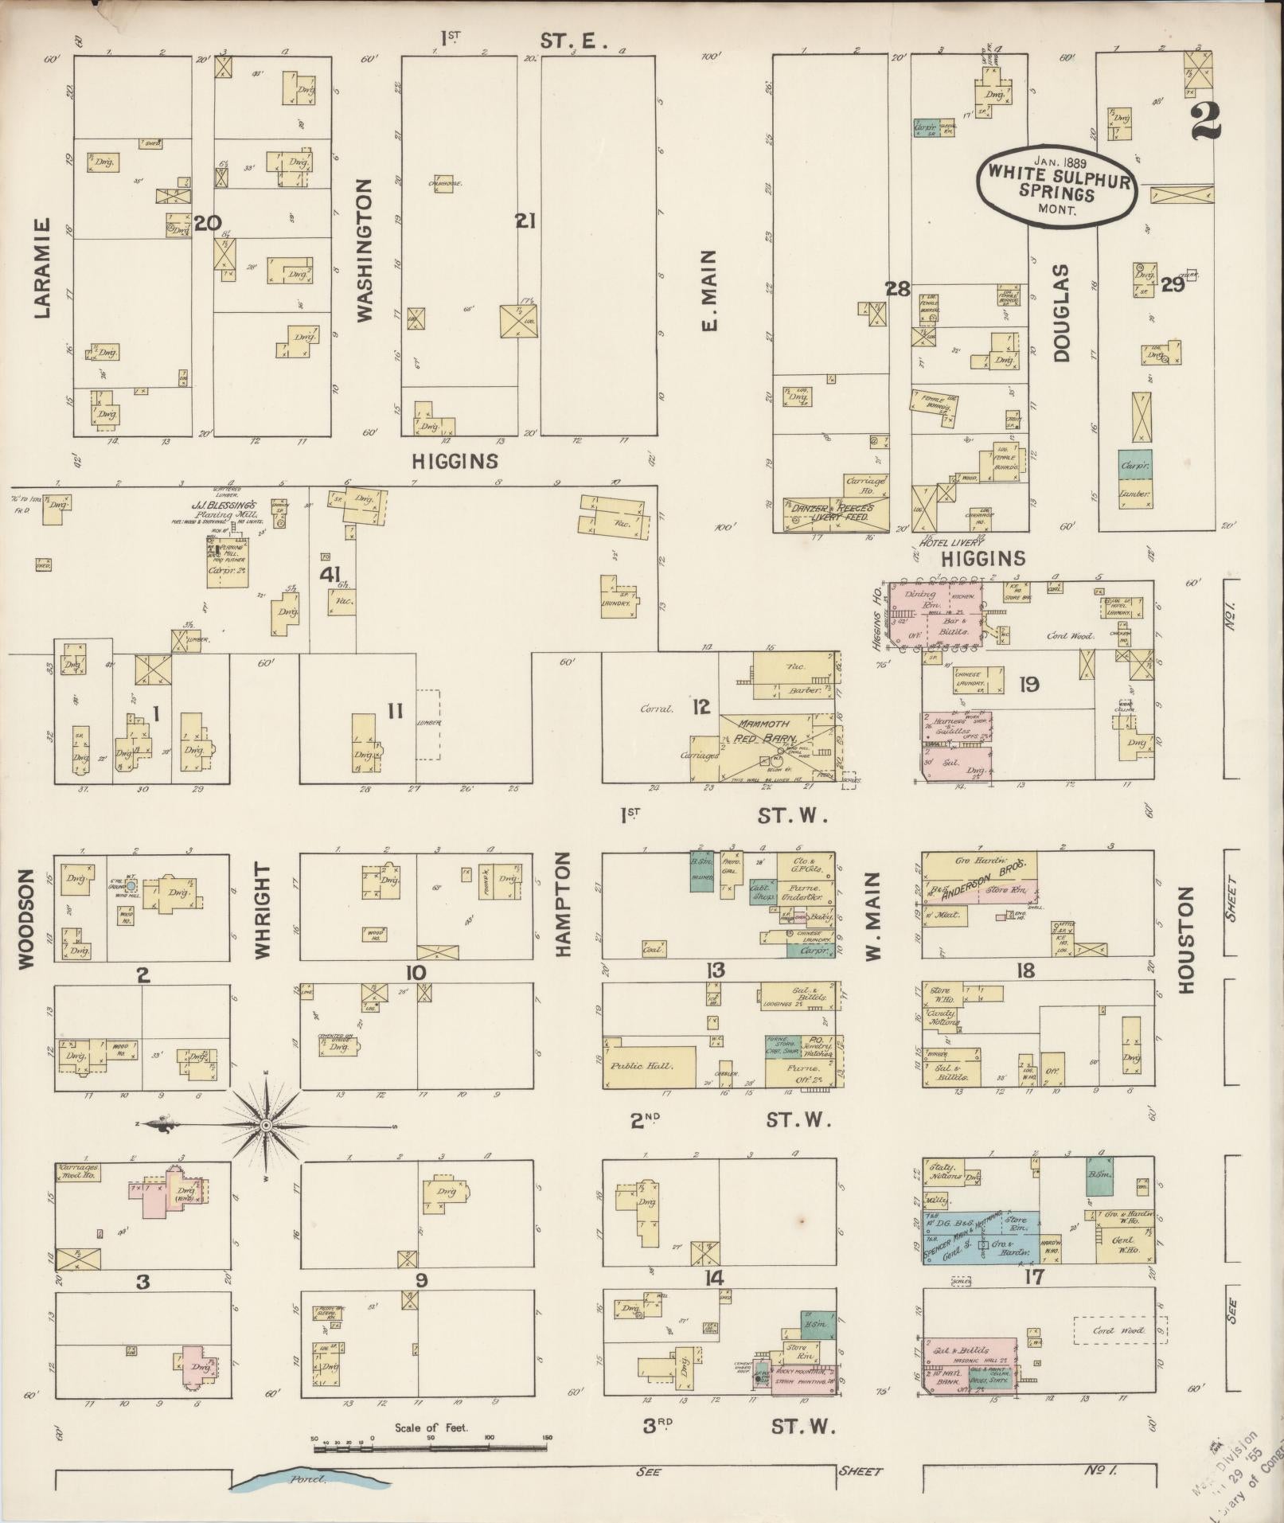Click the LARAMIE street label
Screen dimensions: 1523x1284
pyautogui.click(x=42, y=268)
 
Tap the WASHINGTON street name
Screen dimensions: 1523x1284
pyautogui.click(x=365, y=250)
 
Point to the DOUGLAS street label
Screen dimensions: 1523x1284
pyautogui.click(x=1062, y=314)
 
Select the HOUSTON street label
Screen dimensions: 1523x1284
pyautogui.click(x=1187, y=940)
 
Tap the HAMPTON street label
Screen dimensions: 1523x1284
pyautogui.click(x=564, y=904)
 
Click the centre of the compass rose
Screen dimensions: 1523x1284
pyautogui.click(x=267, y=1125)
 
